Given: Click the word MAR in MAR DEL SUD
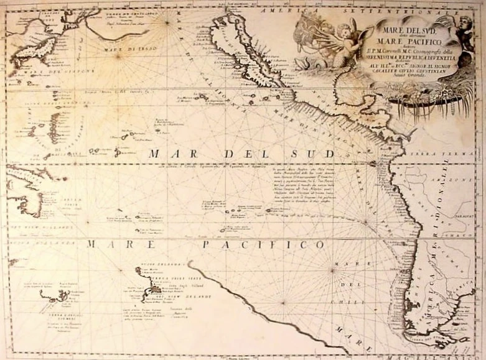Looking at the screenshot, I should [x=165, y=154].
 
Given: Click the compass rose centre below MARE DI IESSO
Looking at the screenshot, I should [x=167, y=24].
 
